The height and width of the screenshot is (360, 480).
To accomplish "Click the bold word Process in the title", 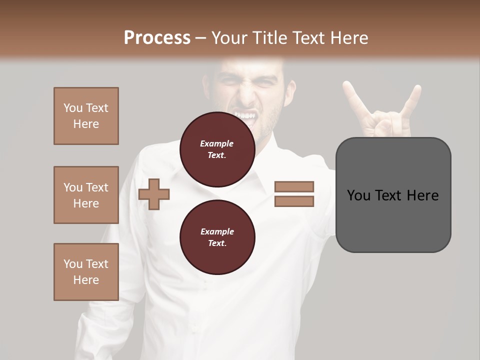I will [157, 37].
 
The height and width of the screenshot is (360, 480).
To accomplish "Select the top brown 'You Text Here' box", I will [86, 116].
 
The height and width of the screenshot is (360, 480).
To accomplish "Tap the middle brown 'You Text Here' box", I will [86, 195].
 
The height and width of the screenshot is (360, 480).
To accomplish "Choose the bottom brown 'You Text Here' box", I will [86, 271].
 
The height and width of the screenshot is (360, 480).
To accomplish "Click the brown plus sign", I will [154, 193].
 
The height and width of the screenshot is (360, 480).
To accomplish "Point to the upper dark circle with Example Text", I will [217, 149].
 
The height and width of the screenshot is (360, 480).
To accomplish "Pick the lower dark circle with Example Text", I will [217, 237].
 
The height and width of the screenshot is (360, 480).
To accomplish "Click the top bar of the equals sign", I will [294, 186].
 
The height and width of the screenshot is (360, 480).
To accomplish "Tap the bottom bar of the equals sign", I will [294, 201].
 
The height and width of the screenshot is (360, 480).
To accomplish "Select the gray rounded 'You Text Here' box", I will [393, 195].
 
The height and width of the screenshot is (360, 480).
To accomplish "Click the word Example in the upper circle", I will [217, 144].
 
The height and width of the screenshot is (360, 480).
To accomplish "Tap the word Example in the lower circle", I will [217, 231].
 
